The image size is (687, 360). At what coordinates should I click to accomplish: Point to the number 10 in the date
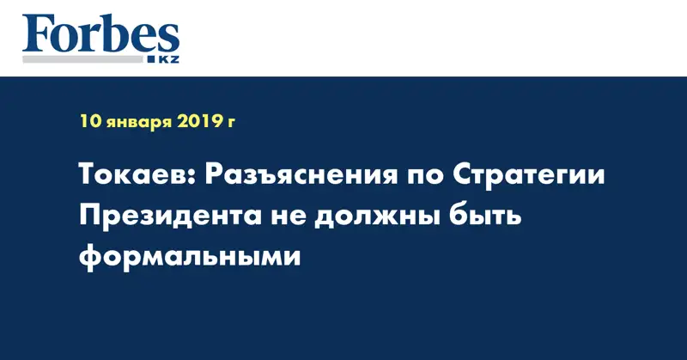click(x=90, y=122)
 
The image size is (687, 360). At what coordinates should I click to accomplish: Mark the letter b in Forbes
click(x=116, y=33)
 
